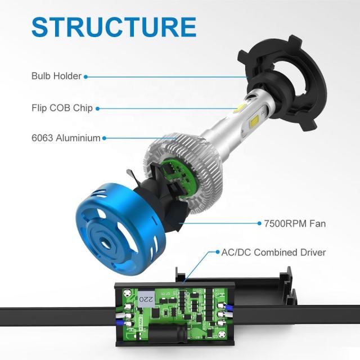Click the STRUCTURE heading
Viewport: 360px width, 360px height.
(x=114, y=27)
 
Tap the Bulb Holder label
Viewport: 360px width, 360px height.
(x=57, y=76)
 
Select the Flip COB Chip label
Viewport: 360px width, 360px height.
(x=62, y=107)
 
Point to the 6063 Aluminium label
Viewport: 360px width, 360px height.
(x=66, y=137)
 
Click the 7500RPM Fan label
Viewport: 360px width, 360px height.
(x=295, y=223)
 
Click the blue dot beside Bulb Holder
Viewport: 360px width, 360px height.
(x=86, y=76)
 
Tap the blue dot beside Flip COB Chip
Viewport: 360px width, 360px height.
(x=98, y=108)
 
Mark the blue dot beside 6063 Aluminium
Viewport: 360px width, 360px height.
(x=105, y=137)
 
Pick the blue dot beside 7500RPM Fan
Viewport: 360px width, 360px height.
(x=259, y=223)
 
